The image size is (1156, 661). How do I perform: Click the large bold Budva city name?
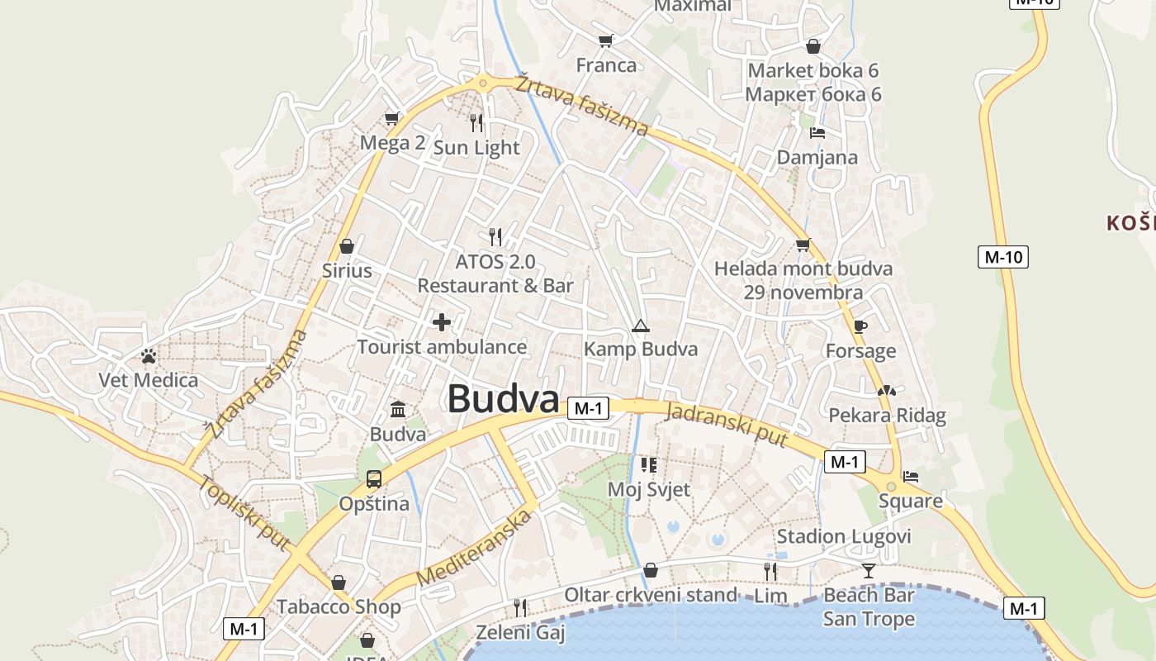click(504, 399)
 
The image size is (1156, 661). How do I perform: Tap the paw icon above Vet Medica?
click(149, 356)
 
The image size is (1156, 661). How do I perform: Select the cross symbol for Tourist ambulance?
click(442, 321)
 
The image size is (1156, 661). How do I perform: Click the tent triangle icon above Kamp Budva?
click(640, 326)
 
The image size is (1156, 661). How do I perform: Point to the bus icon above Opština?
click(374, 478)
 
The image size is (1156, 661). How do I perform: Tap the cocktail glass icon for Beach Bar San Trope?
click(869, 570)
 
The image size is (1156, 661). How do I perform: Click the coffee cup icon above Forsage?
click(860, 326)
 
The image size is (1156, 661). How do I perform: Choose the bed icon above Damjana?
click(817, 132)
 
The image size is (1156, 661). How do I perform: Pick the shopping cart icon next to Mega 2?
click(392, 118)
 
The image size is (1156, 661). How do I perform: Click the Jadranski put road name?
click(727, 425)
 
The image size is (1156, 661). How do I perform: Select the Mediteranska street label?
click(474, 549)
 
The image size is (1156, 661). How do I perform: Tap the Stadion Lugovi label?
click(844, 537)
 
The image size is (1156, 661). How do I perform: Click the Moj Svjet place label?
click(649, 489)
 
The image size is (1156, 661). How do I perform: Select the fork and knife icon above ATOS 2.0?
click(495, 236)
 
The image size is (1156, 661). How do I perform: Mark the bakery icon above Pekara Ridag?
click(887, 390)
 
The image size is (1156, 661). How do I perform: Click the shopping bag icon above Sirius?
click(347, 246)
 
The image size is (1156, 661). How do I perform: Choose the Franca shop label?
click(607, 65)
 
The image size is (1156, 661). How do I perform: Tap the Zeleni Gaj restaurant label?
click(520, 633)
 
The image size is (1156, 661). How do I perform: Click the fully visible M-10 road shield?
click(1003, 257)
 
